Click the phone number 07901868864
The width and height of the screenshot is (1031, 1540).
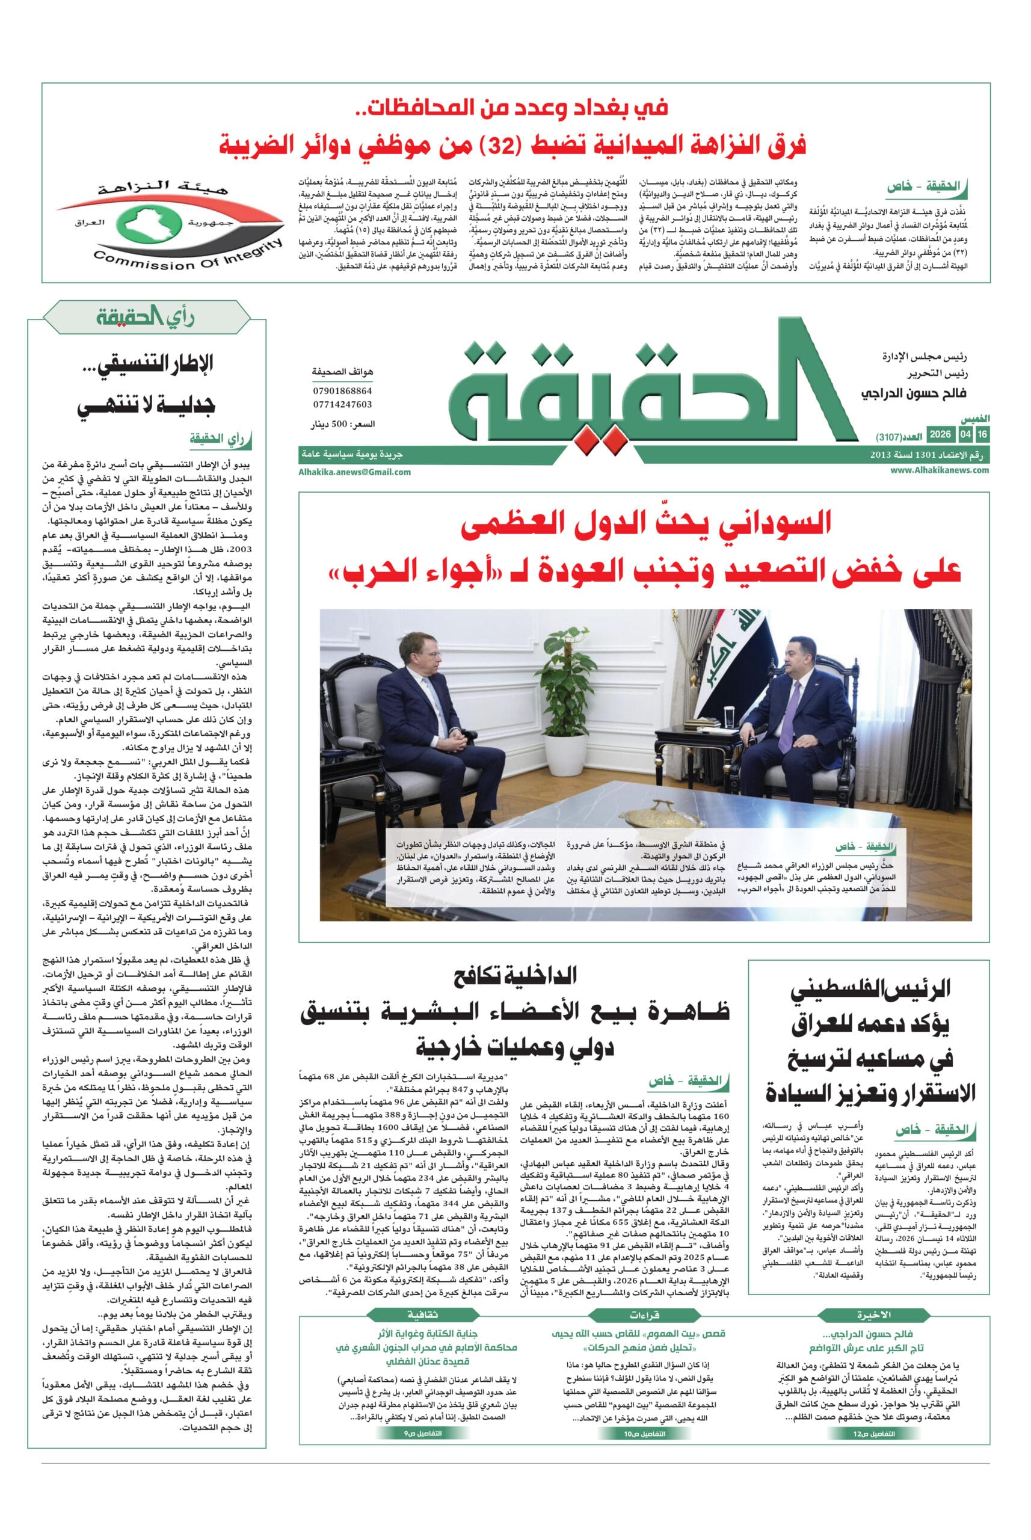pos(343,391)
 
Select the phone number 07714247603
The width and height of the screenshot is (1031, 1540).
pos(343,404)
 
